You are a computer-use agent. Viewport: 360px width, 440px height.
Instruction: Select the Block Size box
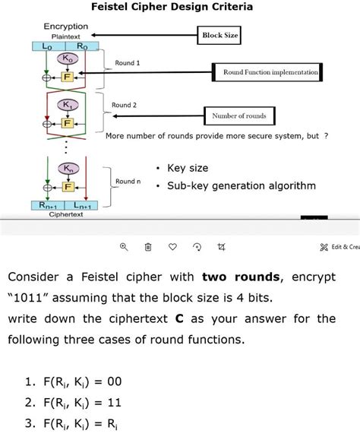[220, 36]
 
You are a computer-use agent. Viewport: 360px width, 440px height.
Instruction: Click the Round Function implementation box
[270, 72]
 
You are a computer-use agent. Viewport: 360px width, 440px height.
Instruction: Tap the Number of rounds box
[239, 116]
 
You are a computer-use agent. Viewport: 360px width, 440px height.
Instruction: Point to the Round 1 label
[128, 62]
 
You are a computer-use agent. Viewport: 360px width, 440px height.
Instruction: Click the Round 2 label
[124, 105]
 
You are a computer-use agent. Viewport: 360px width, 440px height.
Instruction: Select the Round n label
[128, 182]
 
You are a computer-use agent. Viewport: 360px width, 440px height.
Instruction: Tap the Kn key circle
[68, 169]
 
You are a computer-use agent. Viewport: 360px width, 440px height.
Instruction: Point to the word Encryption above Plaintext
[65, 26]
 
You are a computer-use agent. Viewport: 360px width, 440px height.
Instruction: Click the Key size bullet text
[188, 168]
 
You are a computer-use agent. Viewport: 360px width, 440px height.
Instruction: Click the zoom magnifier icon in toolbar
[125, 247]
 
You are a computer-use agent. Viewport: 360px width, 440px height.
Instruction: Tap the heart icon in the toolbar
[172, 247]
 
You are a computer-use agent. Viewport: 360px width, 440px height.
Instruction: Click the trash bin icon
[148, 247]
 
